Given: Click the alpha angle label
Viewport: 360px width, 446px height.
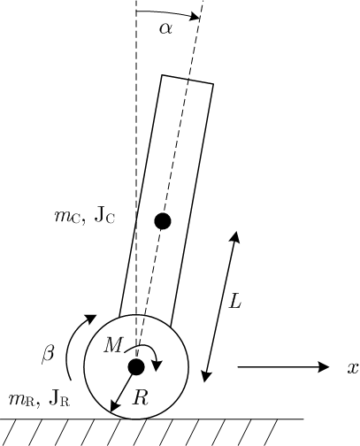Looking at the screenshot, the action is [165, 29].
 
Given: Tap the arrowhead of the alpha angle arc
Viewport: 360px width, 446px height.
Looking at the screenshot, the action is [195, 16].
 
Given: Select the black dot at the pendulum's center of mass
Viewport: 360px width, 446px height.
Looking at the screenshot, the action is [163, 221].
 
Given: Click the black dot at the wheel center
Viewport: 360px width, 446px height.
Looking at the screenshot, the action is [136, 366].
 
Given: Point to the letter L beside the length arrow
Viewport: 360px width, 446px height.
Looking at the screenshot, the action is [235, 301].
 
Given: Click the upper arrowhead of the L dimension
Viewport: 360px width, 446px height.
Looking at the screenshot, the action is [235, 237].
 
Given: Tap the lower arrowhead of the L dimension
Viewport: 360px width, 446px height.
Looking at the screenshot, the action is [206, 376].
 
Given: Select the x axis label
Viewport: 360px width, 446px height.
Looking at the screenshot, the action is [353, 368].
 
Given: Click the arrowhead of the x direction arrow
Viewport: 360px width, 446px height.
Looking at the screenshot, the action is [324, 367].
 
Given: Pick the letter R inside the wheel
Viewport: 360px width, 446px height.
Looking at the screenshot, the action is [141, 397].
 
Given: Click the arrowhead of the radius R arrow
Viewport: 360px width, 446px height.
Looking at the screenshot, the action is [114, 407].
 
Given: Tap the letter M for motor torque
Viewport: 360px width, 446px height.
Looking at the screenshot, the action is [113, 345].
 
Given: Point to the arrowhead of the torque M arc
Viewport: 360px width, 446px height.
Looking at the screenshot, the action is [157, 365].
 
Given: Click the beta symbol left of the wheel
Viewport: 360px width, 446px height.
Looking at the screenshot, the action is [48, 353].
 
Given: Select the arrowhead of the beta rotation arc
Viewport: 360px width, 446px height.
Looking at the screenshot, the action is [91, 319].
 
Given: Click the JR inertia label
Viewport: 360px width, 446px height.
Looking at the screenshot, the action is [59, 399].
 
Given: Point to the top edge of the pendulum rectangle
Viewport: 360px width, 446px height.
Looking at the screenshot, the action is [188, 80].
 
